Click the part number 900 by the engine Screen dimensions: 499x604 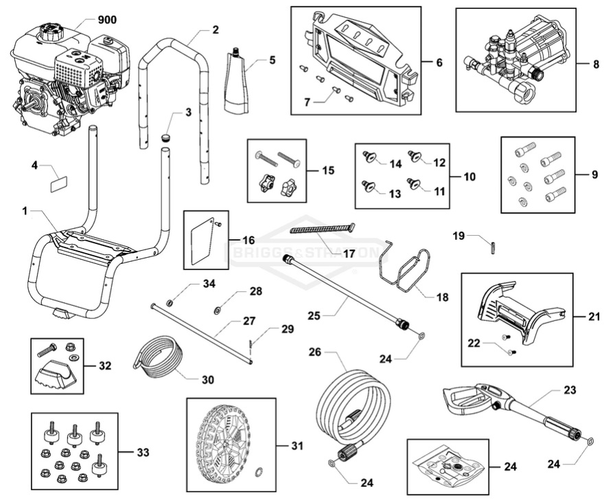(x=106, y=19)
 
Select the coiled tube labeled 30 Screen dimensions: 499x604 (x=160, y=357)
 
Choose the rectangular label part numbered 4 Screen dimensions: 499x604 (x=60, y=183)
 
